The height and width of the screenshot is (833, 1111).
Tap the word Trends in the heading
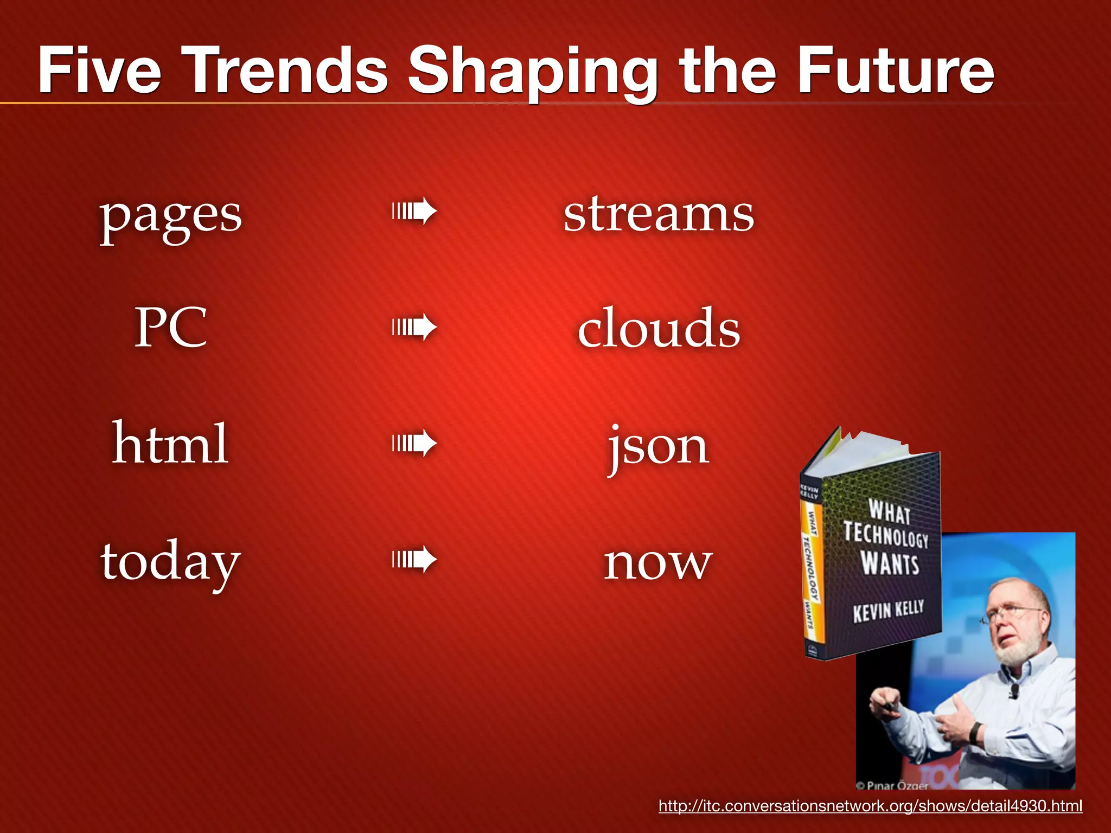[288, 71]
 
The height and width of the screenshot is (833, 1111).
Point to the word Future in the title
[895, 71]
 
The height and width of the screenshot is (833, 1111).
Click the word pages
[170, 217]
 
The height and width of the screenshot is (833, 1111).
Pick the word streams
[659, 214]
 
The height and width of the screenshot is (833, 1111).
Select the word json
[659, 447]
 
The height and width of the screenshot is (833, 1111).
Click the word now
[659, 564]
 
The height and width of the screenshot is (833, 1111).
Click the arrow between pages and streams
[414, 211]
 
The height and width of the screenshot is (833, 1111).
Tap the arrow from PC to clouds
[414, 327]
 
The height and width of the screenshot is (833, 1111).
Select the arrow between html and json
[414, 443]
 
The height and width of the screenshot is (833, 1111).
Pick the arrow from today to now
[414, 559]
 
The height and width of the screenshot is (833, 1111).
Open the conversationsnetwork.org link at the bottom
[870, 806]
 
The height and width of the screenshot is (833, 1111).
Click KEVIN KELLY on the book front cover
[888, 611]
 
